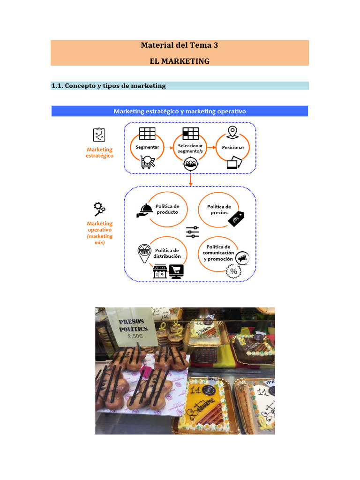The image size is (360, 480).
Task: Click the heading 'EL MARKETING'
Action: point(180,61)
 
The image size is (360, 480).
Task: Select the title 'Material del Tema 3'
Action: point(180,45)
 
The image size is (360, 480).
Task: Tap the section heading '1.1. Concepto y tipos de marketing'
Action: point(108,86)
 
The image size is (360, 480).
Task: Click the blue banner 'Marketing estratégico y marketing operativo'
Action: point(180,111)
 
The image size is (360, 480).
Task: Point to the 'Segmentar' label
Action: point(147,147)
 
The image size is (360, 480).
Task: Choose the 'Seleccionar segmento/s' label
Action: point(190,148)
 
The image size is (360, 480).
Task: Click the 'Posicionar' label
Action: point(233,147)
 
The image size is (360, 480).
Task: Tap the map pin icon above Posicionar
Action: point(232,132)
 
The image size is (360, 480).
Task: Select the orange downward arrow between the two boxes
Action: point(190,180)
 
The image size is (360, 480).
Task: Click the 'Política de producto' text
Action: point(167,209)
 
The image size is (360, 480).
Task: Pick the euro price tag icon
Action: point(236,219)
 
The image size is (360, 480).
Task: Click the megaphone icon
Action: point(242,258)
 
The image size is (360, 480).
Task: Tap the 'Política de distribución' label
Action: point(167,253)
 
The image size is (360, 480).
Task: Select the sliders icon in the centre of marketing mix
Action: point(192,232)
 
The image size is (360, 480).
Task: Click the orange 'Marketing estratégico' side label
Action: point(100,152)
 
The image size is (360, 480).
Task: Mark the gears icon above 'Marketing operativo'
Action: point(99,208)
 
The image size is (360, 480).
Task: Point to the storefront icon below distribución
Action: point(160,271)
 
